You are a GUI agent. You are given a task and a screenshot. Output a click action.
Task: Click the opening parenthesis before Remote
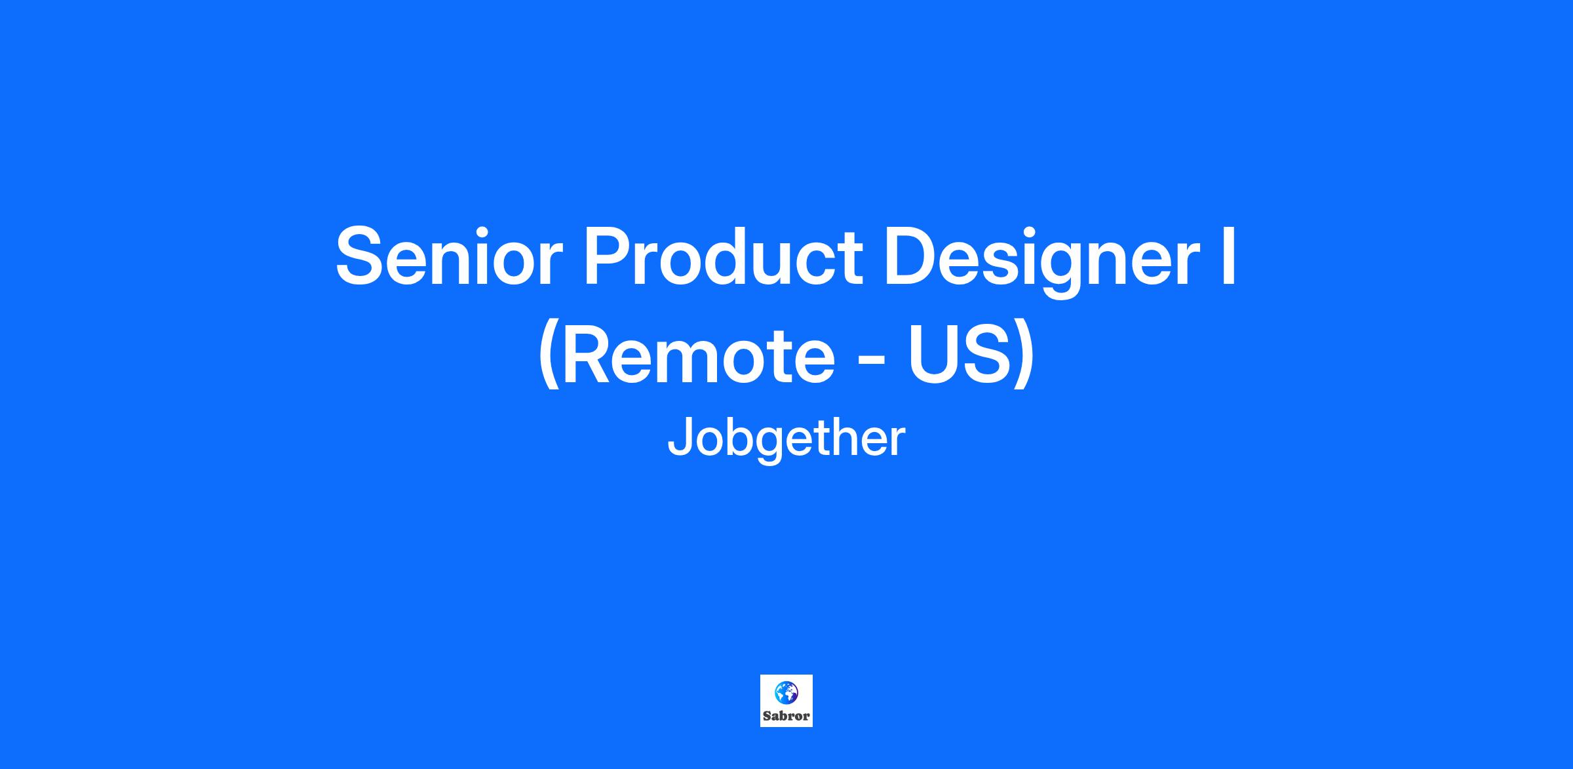coord(549,357)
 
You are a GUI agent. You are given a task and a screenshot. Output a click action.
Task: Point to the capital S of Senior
coord(361,256)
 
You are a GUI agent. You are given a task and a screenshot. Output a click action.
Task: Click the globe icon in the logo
coord(786,691)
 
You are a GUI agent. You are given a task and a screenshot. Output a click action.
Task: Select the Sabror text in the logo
coord(786,716)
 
